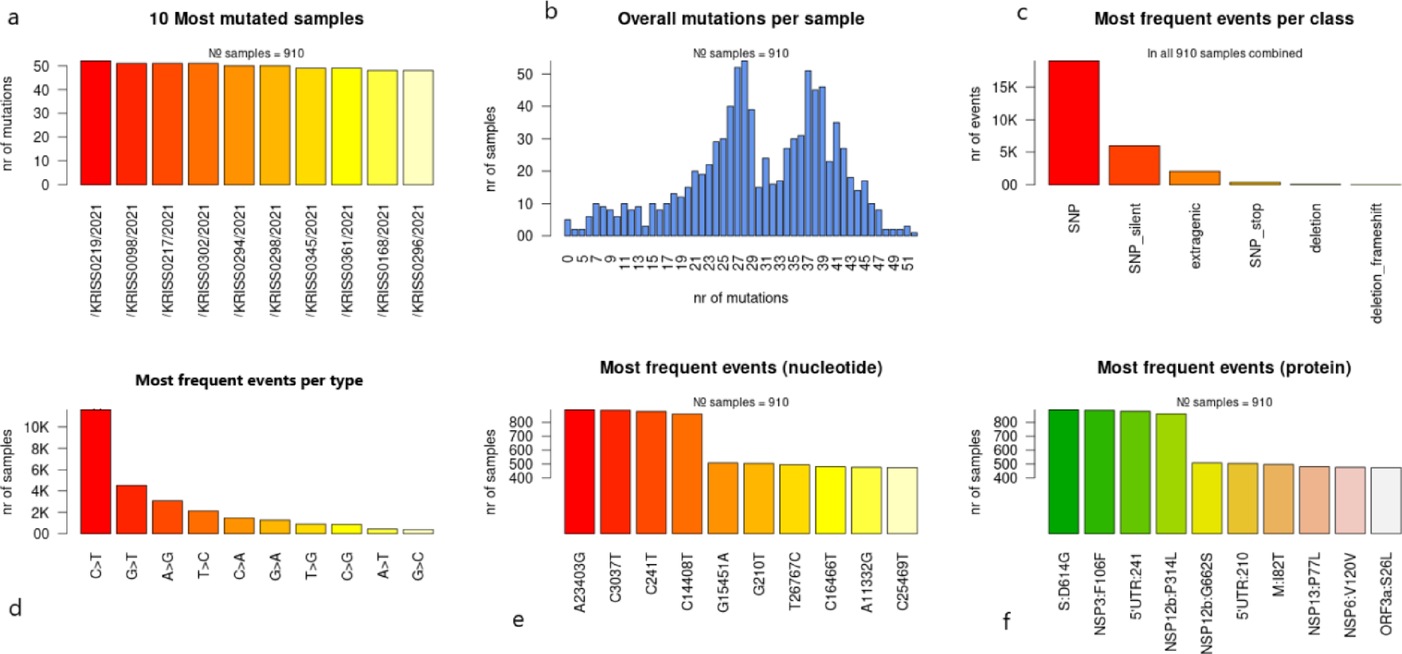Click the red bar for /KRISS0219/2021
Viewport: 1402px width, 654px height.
click(x=96, y=123)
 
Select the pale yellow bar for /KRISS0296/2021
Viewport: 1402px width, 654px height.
click(x=418, y=127)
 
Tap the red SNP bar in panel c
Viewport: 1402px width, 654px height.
click(x=1073, y=123)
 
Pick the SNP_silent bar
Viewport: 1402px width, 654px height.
click(x=1134, y=166)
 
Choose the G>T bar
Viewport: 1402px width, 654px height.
click(x=131, y=510)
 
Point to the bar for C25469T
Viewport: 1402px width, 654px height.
click(x=902, y=500)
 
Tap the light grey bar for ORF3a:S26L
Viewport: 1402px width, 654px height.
click(x=1386, y=500)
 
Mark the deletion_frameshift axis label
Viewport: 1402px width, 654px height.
click(x=1377, y=263)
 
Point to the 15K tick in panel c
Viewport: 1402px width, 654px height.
click(x=1005, y=87)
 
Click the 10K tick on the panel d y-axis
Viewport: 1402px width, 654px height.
click(x=37, y=428)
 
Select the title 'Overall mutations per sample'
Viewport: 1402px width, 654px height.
click(x=741, y=18)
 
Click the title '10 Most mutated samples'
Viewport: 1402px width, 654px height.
click(x=257, y=18)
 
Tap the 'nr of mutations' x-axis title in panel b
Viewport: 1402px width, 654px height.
click(x=741, y=298)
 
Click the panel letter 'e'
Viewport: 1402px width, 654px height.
click(x=519, y=620)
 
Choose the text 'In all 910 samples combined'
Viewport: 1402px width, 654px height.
click(x=1224, y=53)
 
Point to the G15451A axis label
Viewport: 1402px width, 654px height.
click(x=723, y=582)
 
